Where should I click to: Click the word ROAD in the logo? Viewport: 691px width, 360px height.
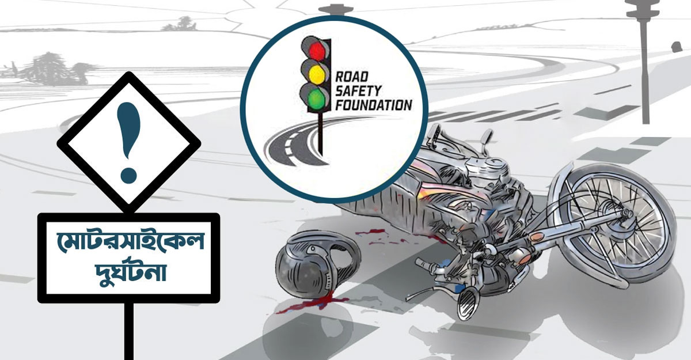[x=352, y=77]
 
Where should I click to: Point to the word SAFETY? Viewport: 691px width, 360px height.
[x=358, y=90]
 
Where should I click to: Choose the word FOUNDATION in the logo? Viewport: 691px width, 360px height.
[x=374, y=105]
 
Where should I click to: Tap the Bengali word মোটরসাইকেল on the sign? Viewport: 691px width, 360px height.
[x=130, y=242]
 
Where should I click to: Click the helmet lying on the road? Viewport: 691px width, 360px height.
[x=316, y=265]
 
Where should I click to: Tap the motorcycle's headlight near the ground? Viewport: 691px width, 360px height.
[x=468, y=304]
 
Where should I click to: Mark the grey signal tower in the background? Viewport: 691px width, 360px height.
[x=644, y=62]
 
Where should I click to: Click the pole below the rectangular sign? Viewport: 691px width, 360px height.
[x=129, y=331]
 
